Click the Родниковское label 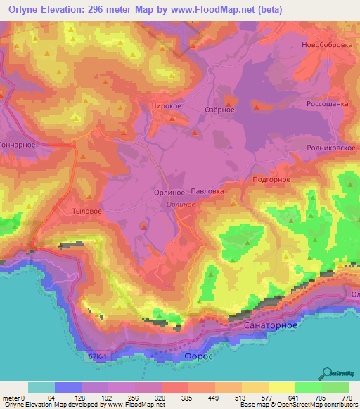tap(329, 148)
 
